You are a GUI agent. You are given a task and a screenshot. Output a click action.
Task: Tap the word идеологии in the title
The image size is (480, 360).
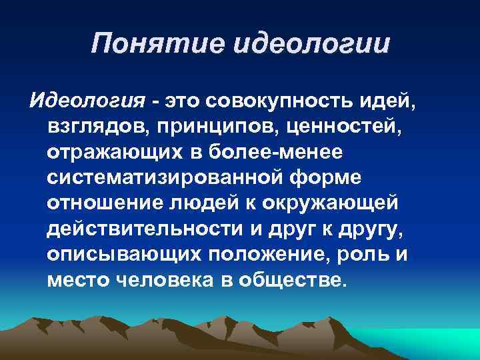[310, 45]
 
